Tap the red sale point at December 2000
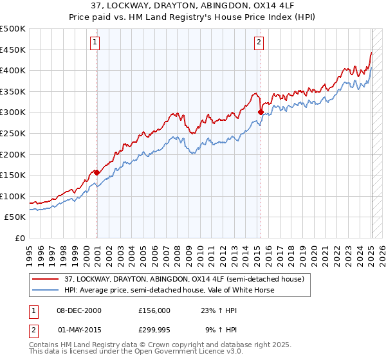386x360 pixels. pyautogui.click(x=96, y=172)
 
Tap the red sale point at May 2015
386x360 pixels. pyautogui.click(x=261, y=112)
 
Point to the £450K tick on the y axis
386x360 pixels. pyautogui.click(x=14, y=50)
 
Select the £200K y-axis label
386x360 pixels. pyautogui.click(x=14, y=154)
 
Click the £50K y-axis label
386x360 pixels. pyautogui.click(x=16, y=217)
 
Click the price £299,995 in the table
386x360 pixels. pyautogui.click(x=154, y=330)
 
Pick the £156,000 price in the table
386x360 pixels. pyautogui.click(x=154, y=310)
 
